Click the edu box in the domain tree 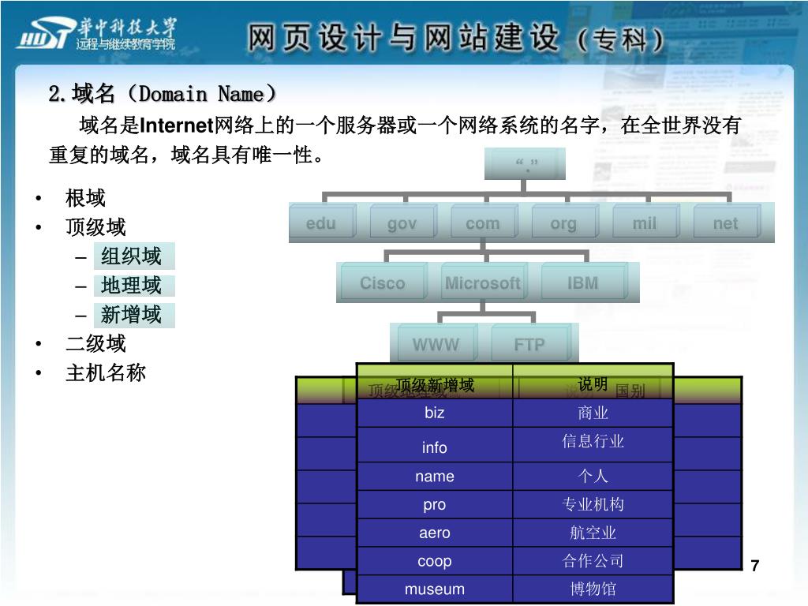321,223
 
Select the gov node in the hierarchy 402,223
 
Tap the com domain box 482,223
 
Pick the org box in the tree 563,223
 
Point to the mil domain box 644,223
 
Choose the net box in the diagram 725,223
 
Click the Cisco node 382,283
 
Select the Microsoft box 482,283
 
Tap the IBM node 583,283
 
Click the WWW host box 436,345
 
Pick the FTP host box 529,345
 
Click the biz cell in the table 435,413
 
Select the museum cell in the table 435,589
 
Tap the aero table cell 435,533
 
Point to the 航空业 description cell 593,533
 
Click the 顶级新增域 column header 435,385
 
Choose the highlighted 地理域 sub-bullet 131,286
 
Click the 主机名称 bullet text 106,372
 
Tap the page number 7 755,566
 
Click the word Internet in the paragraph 178,125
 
